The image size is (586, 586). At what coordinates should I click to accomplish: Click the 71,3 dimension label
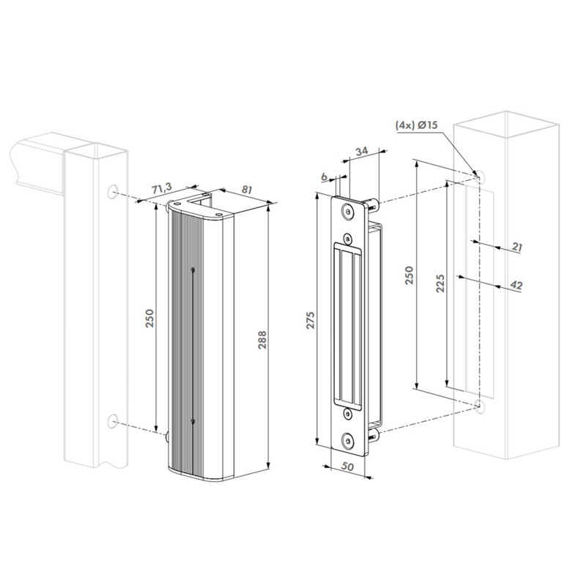click(162, 188)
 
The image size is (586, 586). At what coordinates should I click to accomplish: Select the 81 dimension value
click(246, 190)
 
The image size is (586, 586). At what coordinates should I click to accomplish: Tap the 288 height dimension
click(262, 340)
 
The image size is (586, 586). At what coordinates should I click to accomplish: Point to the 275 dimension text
click(311, 320)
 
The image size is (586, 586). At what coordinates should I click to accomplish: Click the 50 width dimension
click(347, 467)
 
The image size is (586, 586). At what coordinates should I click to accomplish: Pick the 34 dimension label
click(361, 152)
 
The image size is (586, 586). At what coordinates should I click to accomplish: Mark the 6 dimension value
click(324, 177)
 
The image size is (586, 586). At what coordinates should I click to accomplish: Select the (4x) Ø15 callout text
click(416, 125)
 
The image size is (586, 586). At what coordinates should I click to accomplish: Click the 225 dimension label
click(441, 283)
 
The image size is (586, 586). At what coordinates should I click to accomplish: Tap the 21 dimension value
click(517, 247)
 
